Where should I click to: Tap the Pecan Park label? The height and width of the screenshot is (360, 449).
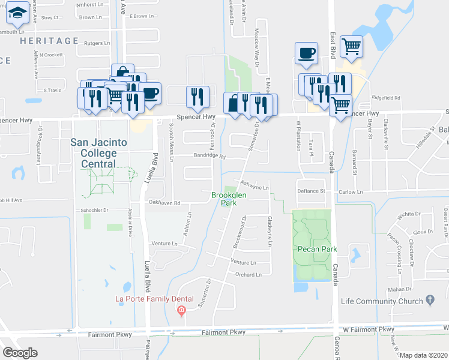coord(315,248)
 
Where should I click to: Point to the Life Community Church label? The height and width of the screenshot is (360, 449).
coord(382,299)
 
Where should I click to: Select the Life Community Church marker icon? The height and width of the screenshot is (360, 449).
coord(429,299)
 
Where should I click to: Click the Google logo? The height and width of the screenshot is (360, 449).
coord(20,353)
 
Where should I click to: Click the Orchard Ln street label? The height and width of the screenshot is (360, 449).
coord(250,275)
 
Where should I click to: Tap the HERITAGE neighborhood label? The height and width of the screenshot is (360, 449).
coord(49,41)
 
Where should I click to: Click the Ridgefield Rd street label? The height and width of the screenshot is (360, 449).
coord(385,97)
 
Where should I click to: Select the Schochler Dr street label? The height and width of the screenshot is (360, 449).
coord(94,211)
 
